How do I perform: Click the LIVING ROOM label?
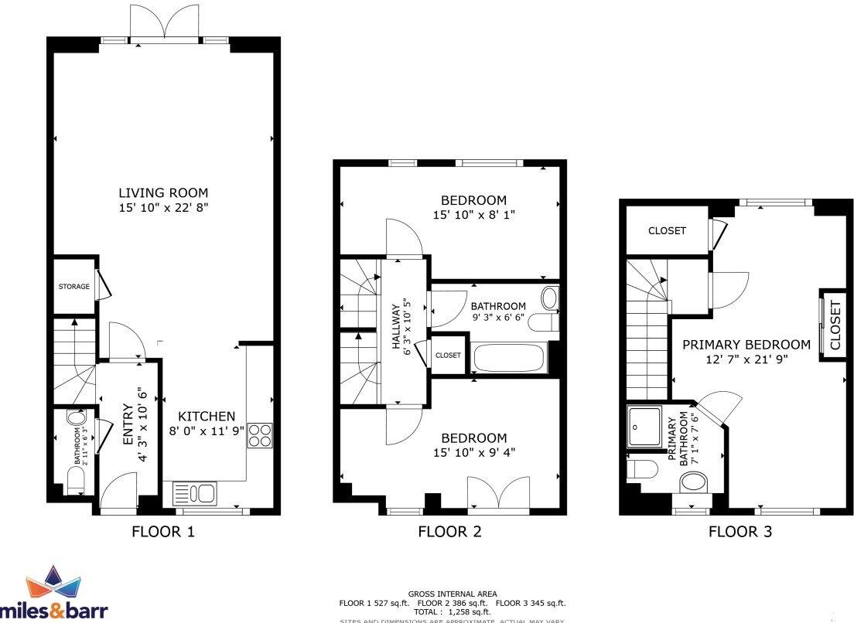[x=163, y=192]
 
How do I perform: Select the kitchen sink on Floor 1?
[x=195, y=492]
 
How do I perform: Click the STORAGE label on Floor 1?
[x=73, y=287]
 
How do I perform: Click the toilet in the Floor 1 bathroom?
[x=76, y=482]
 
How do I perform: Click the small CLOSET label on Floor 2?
[x=448, y=356]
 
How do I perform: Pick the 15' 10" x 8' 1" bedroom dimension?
[x=473, y=216]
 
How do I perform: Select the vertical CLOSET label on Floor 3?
[x=835, y=325]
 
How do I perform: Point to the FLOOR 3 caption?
[x=740, y=532]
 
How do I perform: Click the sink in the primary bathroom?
[x=694, y=483]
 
